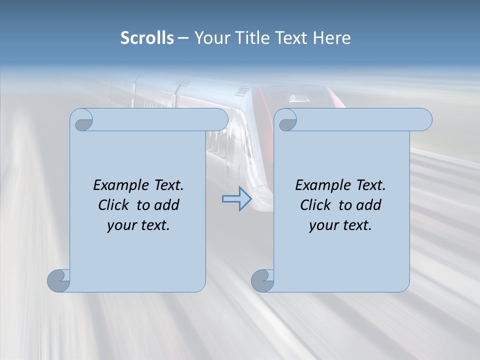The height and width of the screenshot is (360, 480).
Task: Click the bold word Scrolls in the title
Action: pyautogui.click(x=147, y=38)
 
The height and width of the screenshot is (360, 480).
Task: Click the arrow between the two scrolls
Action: pyautogui.click(x=236, y=198)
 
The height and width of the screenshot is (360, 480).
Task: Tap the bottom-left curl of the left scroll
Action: pyautogui.click(x=59, y=280)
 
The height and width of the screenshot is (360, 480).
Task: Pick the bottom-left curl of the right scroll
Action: pyautogui.click(x=262, y=280)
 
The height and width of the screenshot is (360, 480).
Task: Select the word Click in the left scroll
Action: pyautogui.click(x=113, y=205)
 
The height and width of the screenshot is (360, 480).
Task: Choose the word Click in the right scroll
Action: pyautogui.click(x=315, y=205)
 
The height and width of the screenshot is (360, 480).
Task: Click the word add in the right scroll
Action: pyautogui.click(x=369, y=205)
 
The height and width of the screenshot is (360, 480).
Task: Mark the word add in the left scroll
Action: pyautogui.click(x=167, y=205)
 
